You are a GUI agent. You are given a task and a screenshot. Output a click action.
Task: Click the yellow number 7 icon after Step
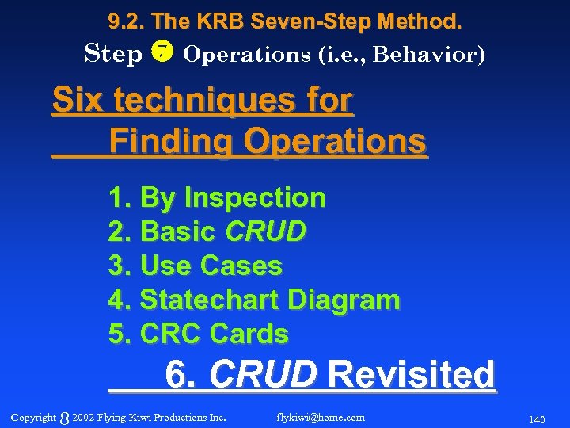(161, 53)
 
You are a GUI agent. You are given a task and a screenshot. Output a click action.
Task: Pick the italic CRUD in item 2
(266, 231)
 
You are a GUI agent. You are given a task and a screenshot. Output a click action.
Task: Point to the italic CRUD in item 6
(264, 374)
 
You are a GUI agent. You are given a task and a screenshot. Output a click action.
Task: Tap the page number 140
(536, 418)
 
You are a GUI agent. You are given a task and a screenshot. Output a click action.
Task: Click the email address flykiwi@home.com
(321, 417)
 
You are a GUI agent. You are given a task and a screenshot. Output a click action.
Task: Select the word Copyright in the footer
(33, 418)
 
